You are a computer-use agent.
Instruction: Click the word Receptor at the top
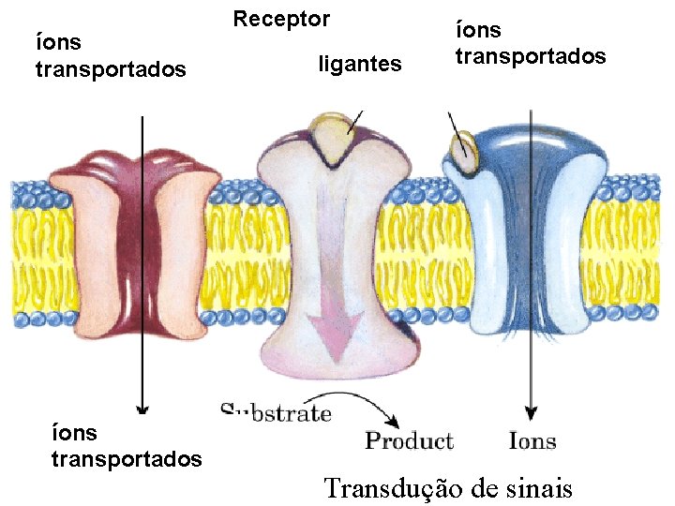(x=281, y=19)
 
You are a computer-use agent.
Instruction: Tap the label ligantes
(x=359, y=65)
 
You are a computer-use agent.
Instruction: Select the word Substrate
(x=276, y=412)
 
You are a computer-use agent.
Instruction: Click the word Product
(x=409, y=440)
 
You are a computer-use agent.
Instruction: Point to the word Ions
(x=532, y=440)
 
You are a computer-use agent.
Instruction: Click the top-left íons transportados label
(x=110, y=56)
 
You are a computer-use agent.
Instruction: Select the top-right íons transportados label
(x=530, y=43)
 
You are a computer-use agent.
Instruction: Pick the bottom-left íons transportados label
(x=126, y=446)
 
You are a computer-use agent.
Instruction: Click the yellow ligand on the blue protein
(x=460, y=147)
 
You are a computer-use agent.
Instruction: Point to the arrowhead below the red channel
(x=141, y=408)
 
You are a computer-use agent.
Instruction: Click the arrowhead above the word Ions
(x=531, y=414)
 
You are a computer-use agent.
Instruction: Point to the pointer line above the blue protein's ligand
(x=454, y=123)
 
